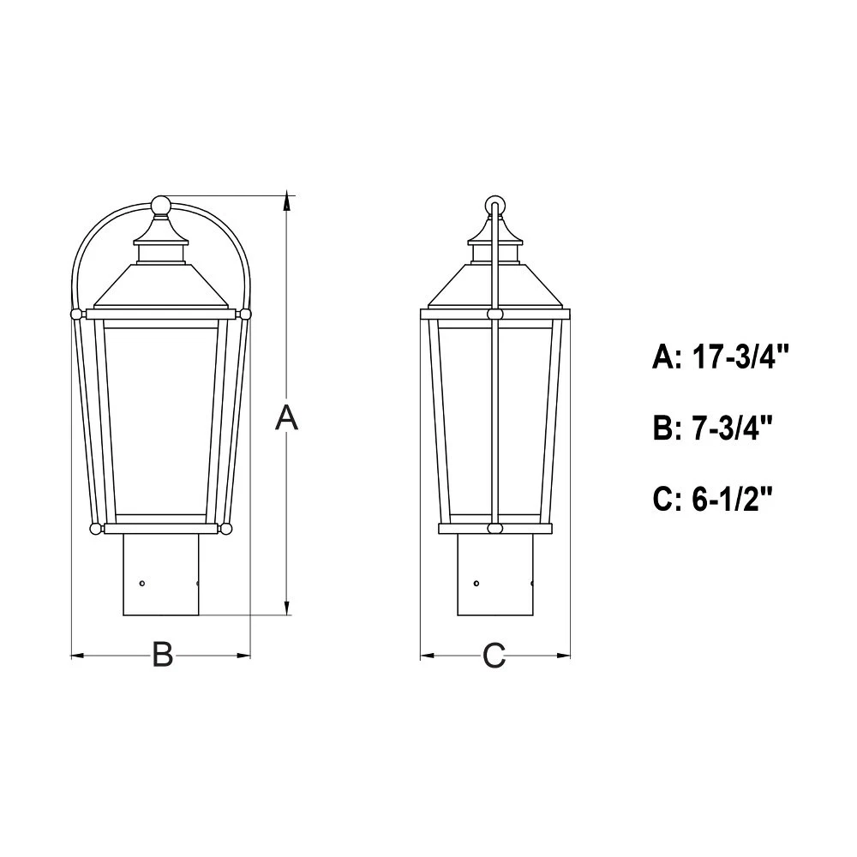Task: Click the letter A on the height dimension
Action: [x=286, y=418]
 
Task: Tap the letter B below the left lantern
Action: [x=162, y=654]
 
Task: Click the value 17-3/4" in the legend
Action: [x=741, y=357]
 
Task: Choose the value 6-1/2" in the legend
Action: [x=733, y=499]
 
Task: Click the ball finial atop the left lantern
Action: [x=161, y=206]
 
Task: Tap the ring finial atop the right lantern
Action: [x=495, y=206]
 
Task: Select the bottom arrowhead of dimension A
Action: [x=287, y=607]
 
